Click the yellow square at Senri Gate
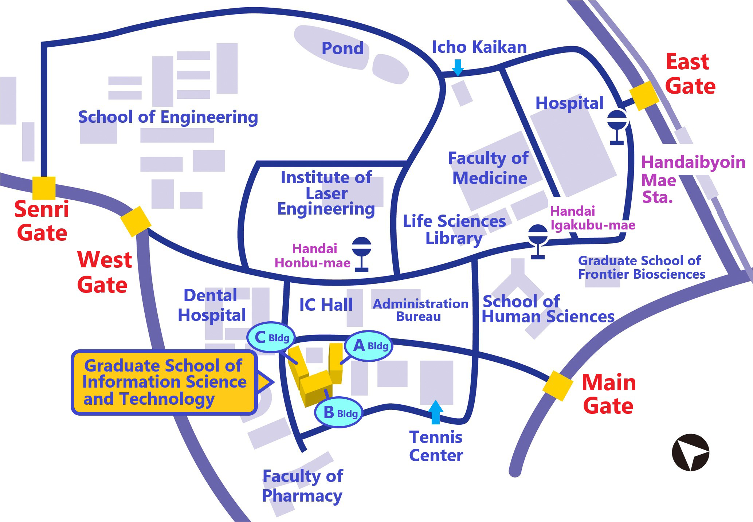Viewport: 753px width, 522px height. [44, 188]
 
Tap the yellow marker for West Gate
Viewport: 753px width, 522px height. [136, 221]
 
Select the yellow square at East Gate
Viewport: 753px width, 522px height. [644, 96]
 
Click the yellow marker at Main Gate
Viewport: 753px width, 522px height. [557, 386]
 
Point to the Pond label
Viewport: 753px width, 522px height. [342, 48]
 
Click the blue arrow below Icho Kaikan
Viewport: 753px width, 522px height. [458, 67]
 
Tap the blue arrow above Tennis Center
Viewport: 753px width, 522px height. [435, 412]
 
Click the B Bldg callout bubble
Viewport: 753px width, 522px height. [338, 412]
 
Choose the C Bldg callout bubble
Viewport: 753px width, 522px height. [271, 337]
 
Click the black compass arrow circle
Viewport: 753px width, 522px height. [690, 452]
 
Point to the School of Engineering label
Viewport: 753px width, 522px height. [168, 117]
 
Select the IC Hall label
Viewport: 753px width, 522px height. [326, 305]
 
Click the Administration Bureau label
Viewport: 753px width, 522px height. [420, 310]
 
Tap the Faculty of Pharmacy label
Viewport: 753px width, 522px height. [302, 486]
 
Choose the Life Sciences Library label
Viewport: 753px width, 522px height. [454, 229]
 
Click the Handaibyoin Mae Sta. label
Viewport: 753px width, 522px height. [676, 179]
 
